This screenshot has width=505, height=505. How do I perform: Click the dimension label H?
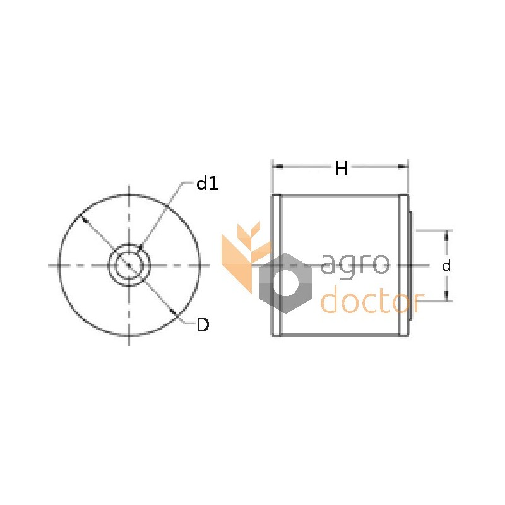pyautogui.click(x=341, y=168)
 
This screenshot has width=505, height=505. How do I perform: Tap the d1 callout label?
pyautogui.click(x=208, y=184)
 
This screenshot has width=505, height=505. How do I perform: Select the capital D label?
pyautogui.click(x=203, y=324)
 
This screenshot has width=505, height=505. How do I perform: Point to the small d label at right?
pyautogui.click(x=446, y=266)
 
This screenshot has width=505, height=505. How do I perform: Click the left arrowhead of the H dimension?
pyautogui.click(x=277, y=166)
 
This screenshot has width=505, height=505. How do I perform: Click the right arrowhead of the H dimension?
pyautogui.click(x=403, y=166)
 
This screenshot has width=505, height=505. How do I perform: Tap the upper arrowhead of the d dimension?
pyautogui.click(x=446, y=236)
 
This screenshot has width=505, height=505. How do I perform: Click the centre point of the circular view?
pyautogui.click(x=129, y=265)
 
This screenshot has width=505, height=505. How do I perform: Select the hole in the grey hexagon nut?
pyautogui.click(x=285, y=283)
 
